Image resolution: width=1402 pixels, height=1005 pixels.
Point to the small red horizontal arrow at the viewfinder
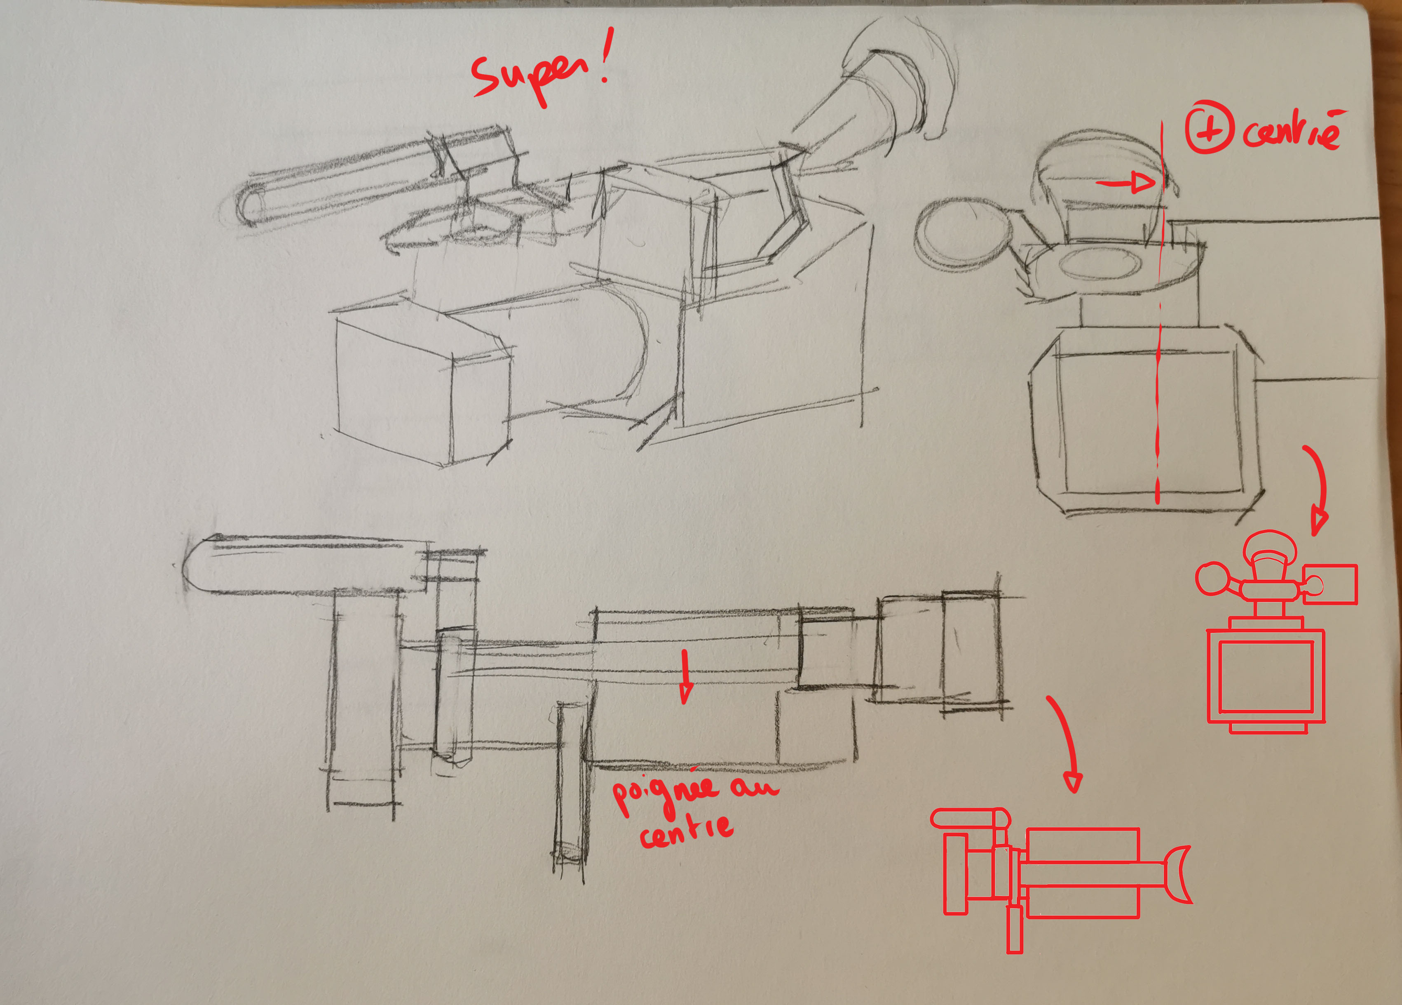(x=1126, y=183)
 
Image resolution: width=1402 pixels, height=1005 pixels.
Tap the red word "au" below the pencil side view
(x=754, y=787)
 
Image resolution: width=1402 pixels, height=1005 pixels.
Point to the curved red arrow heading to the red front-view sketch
(x=1320, y=489)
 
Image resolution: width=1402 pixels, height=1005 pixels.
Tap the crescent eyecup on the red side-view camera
(x=1178, y=875)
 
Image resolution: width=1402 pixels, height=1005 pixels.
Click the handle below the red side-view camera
(x=1015, y=929)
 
